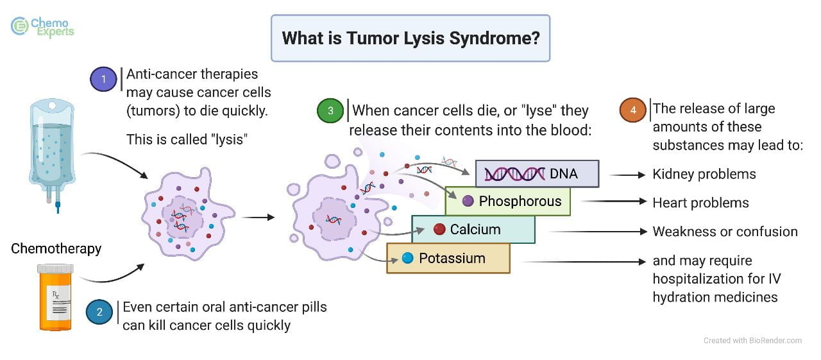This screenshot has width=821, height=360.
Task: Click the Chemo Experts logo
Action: [42, 26]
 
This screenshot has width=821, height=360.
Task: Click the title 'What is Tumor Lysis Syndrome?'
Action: [410, 38]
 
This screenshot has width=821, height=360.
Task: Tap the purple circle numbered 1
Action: [104, 80]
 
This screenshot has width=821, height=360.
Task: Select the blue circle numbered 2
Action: [99, 313]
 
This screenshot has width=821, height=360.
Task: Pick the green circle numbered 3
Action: [330, 110]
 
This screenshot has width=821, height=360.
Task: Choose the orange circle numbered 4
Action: [633, 110]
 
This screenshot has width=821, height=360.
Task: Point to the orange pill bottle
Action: [56, 297]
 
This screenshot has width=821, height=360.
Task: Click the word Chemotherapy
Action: [56, 248]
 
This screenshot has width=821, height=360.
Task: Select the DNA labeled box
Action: [537, 173]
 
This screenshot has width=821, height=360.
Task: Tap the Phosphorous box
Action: [508, 201]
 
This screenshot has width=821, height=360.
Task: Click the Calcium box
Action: [473, 229]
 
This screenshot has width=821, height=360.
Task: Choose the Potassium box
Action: [448, 258]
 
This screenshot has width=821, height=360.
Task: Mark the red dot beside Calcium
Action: [439, 229]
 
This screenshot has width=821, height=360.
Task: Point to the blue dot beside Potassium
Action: [407, 258]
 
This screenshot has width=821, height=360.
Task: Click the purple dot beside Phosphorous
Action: [468, 201]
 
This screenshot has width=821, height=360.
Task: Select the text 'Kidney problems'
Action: [704, 174]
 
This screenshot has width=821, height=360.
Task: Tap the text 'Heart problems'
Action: [700, 203]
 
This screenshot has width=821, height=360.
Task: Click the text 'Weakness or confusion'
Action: [725, 232]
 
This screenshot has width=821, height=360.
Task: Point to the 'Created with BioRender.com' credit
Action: [752, 341]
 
